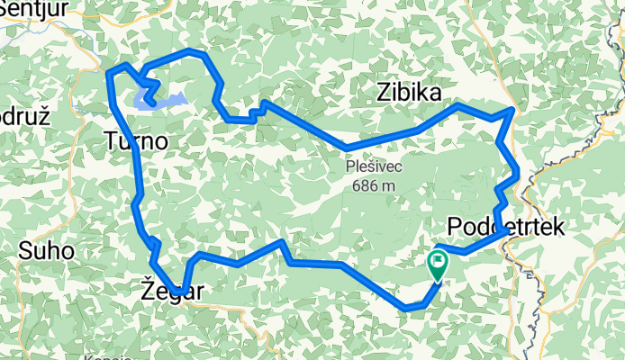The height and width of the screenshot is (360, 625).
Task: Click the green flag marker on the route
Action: pos(438,264)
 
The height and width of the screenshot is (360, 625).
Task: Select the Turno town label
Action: pos(135,141)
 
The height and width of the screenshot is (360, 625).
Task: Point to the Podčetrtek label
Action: pos(505,227)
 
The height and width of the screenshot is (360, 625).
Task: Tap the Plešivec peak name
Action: pos(376,166)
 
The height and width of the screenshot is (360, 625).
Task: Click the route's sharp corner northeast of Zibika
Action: pos(513,110)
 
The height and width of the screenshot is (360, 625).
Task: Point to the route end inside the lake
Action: pos(154,103)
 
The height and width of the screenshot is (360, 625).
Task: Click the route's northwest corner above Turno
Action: pos(109,71)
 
